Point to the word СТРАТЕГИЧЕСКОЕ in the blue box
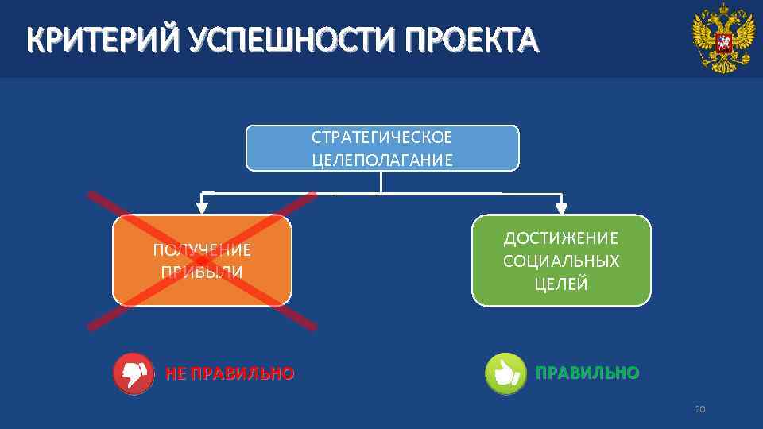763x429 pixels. click(x=381, y=137)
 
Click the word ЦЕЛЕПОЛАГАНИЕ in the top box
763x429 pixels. click(x=382, y=160)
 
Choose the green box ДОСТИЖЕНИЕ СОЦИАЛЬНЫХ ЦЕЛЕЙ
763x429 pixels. click(x=561, y=261)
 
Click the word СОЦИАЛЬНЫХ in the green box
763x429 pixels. click(x=561, y=261)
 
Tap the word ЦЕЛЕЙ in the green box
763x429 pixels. click(x=561, y=284)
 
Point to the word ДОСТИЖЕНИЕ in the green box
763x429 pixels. click(x=561, y=238)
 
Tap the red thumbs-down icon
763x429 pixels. click(x=134, y=373)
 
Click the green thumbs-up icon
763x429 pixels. click(x=505, y=373)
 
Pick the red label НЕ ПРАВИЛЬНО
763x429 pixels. click(x=230, y=373)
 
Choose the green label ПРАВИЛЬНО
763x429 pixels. click(x=587, y=373)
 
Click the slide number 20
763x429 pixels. click(x=699, y=409)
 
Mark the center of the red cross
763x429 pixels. click(x=202, y=261)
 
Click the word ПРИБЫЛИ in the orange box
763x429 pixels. click(x=202, y=272)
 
